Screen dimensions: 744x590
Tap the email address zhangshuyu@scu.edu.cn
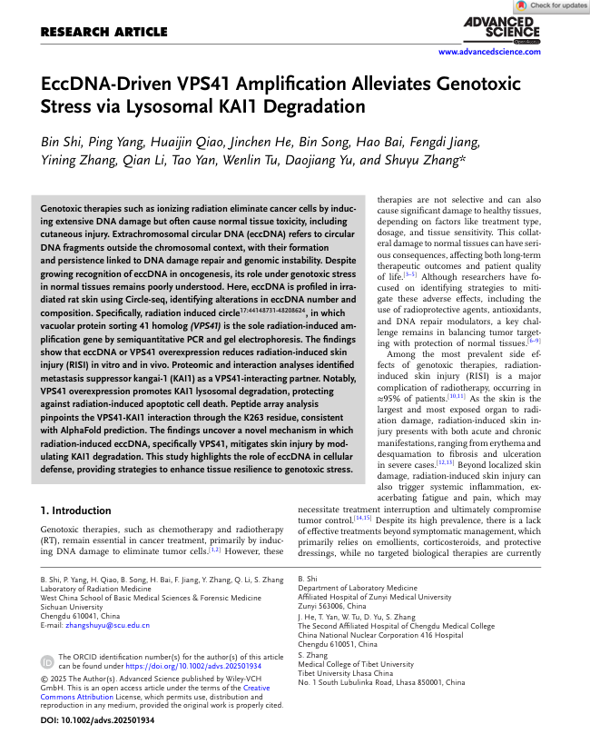(x=105, y=625)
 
